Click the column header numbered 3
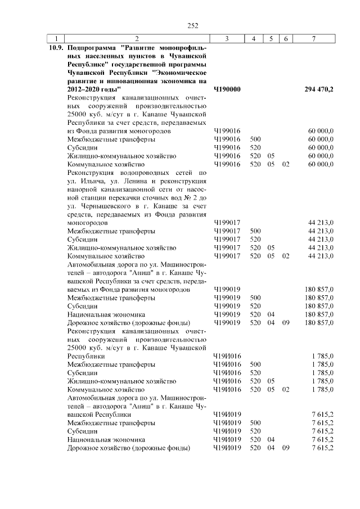pyautogui.click(x=226, y=39)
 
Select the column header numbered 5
pyautogui.click(x=271, y=39)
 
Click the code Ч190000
pyautogui.click(x=227, y=89)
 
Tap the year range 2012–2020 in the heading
pyautogui.click(x=85, y=89)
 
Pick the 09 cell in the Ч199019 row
pyautogui.click(x=286, y=322)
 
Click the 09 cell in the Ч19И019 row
pyautogui.click(x=286, y=448)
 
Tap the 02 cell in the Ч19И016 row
pyautogui.click(x=286, y=389)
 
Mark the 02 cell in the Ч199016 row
pyautogui.click(x=286, y=164)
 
